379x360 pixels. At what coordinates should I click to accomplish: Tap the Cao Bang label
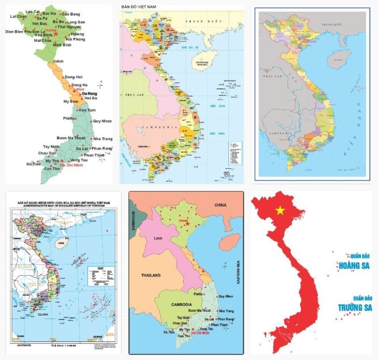(71, 13)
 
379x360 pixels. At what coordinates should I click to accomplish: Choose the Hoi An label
(91, 98)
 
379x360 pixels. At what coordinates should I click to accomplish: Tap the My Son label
(71, 102)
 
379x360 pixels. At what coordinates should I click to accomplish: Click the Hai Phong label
(76, 39)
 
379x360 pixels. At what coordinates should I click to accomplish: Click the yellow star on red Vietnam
(280, 211)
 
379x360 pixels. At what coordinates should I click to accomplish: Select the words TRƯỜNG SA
(355, 307)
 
